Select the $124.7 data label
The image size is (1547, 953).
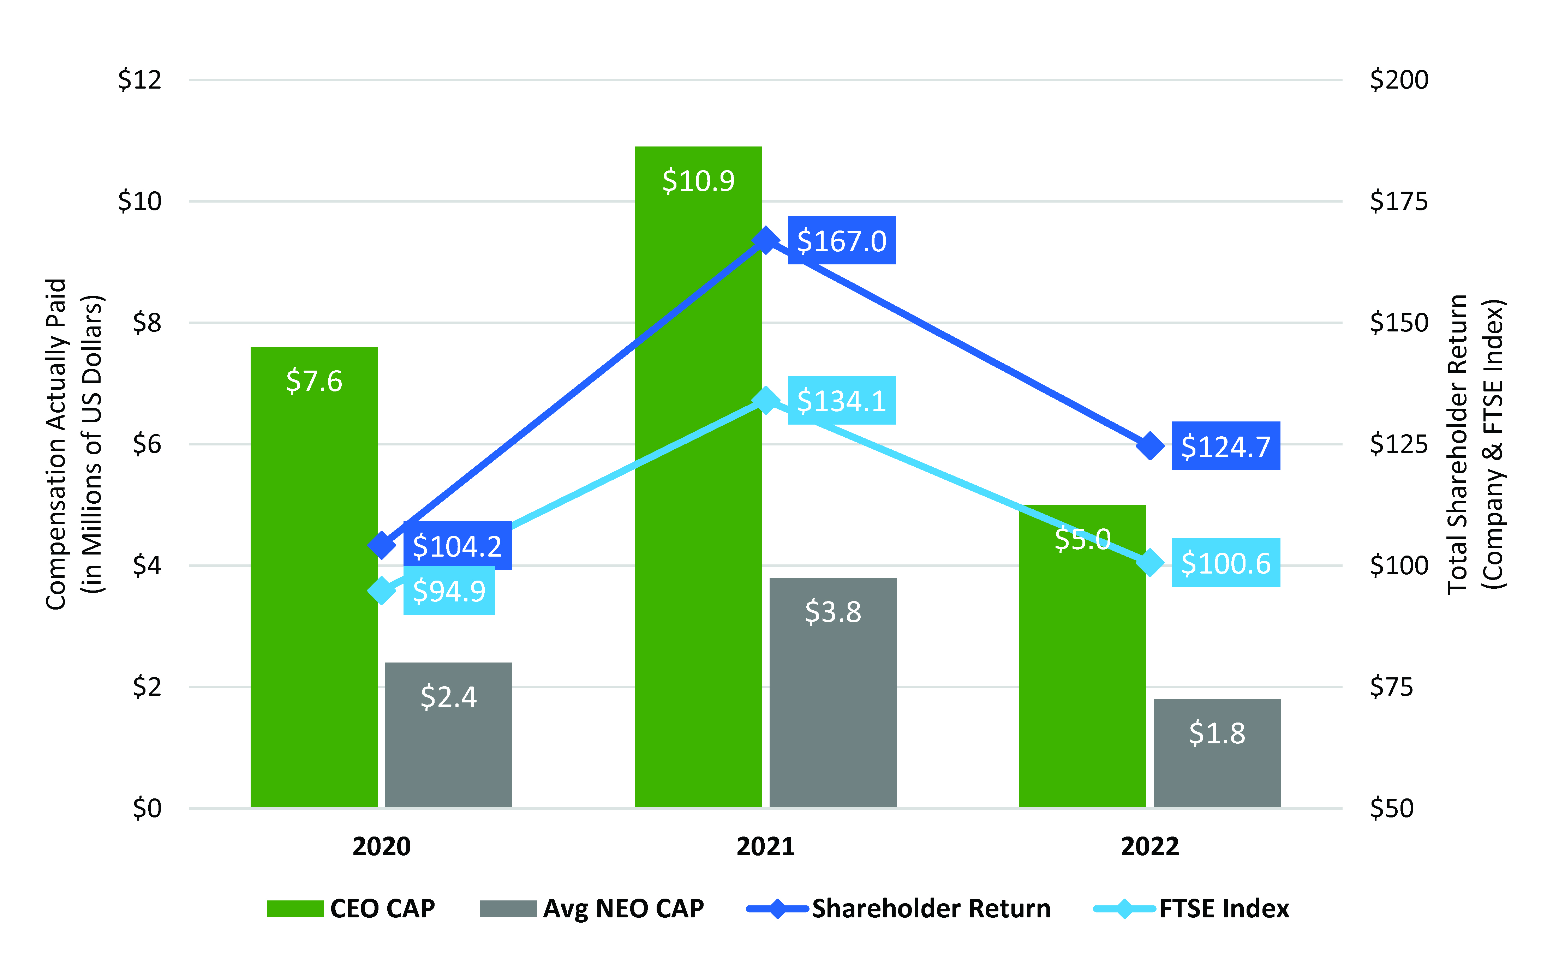(x=1225, y=446)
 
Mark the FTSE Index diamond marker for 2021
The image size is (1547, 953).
(x=765, y=400)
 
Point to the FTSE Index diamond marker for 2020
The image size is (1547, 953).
(x=381, y=591)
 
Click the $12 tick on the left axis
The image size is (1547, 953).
(x=140, y=80)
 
